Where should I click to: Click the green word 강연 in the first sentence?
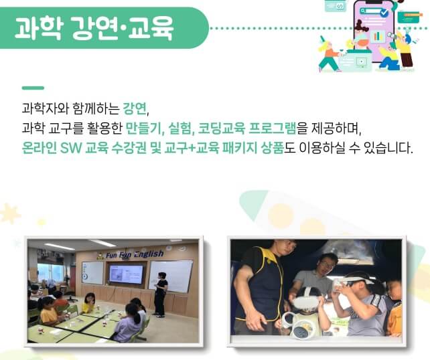(x=134, y=109)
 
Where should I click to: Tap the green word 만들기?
(x=143, y=128)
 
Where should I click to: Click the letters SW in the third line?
(x=70, y=147)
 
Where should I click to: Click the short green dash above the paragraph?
(x=33, y=88)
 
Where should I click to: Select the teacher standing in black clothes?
(x=160, y=293)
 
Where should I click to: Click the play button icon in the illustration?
(x=362, y=62)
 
